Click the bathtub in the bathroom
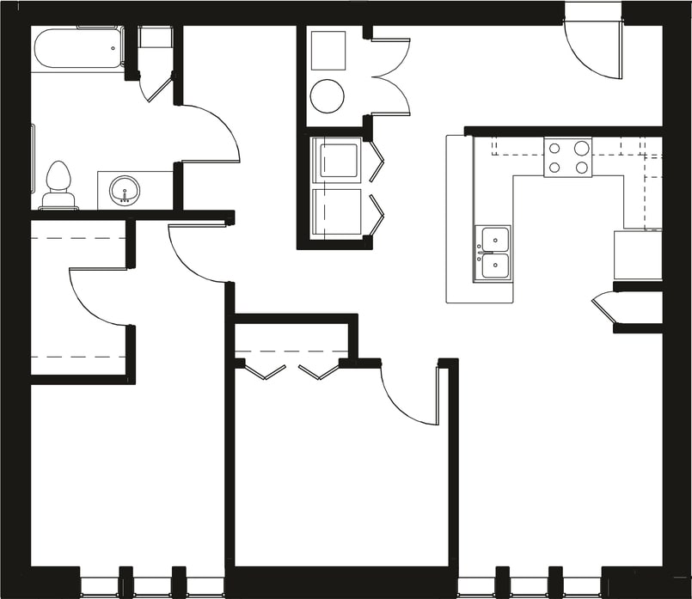coord(78,49)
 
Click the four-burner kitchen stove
coord(568,157)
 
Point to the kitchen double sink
coord(493,253)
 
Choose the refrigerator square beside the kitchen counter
coord(637,254)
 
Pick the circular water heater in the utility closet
coord(327,95)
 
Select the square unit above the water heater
coord(328,51)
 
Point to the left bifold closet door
coord(265,372)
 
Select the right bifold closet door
coord(318,372)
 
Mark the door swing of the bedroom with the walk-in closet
coord(197,254)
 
